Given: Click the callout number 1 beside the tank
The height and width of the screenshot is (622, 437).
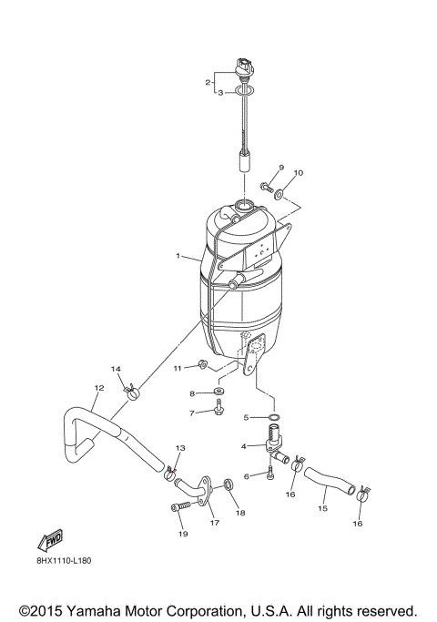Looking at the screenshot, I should [179, 257].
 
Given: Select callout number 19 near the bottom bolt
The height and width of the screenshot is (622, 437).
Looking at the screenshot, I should [181, 534].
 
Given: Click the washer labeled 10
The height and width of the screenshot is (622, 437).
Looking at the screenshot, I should [279, 194].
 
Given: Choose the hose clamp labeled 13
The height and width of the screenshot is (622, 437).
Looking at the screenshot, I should [169, 474].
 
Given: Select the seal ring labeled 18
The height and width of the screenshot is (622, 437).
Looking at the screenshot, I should [230, 484].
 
